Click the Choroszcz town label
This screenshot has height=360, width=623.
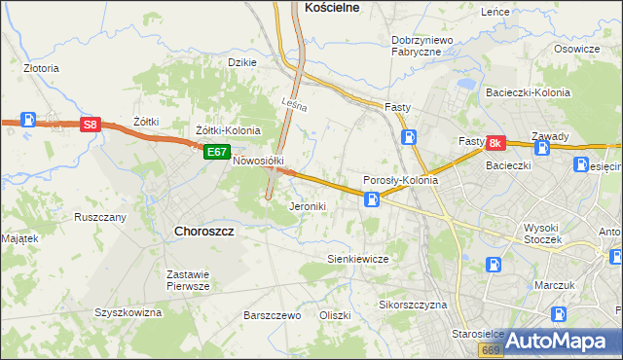click(203, 232)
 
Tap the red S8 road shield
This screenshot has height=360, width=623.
click(90, 125)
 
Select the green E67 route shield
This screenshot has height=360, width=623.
click(216, 152)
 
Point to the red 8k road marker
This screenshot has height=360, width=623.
click(495, 143)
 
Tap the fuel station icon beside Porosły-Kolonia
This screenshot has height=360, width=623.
click(371, 199)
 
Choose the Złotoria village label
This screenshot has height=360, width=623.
click(42, 69)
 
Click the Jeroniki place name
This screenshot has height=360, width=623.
click(308, 207)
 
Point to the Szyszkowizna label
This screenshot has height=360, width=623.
click(128, 313)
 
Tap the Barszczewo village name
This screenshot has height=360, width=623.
click(272, 316)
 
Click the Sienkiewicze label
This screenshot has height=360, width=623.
click(357, 260)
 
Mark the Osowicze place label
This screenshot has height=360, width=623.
click(576, 50)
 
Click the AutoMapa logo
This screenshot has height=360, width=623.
click(560, 341)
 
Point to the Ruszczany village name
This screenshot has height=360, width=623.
click(100, 217)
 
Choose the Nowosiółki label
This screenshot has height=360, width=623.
click(257, 162)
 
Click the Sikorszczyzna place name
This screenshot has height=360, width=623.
click(412, 305)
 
